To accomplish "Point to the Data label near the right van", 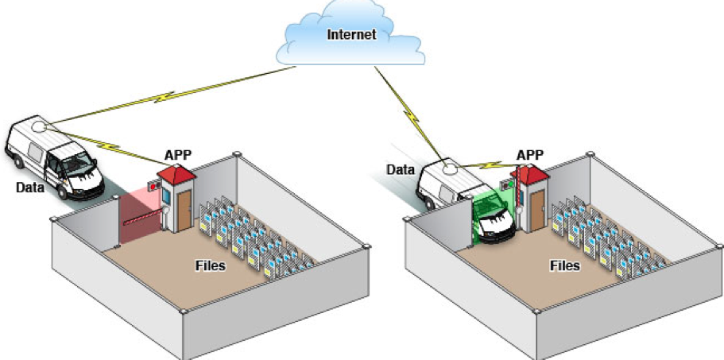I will pyautogui.click(x=401, y=168).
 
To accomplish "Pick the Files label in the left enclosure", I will pyautogui.click(x=210, y=265).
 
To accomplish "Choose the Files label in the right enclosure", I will pyautogui.click(x=563, y=265).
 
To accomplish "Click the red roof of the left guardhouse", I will pyautogui.click(x=176, y=172).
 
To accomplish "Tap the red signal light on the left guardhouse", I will pyautogui.click(x=153, y=185).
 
